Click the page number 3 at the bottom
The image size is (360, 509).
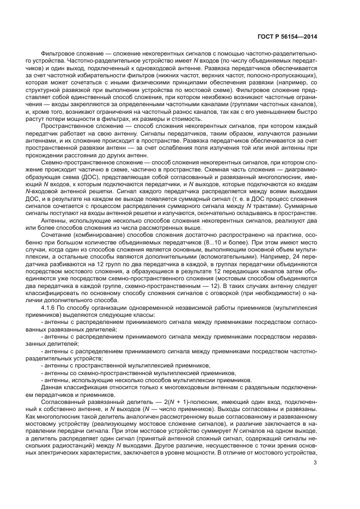click(x=316, y=448)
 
